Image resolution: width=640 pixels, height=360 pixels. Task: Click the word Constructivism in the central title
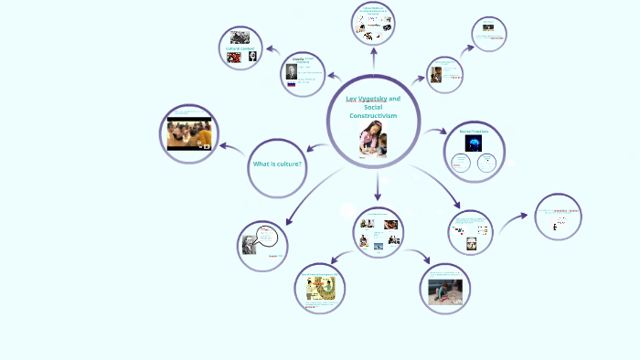coord(373,116)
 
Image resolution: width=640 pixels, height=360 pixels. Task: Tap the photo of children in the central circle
coord(372,140)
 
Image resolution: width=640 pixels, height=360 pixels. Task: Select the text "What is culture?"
coord(277,164)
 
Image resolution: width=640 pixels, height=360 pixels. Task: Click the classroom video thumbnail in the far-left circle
coord(190,132)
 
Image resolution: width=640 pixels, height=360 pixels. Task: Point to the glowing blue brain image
coord(474,143)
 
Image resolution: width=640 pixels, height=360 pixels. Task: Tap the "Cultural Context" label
coord(240,48)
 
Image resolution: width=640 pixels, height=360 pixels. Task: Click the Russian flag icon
coord(292,83)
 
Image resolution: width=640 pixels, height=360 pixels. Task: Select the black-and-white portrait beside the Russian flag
coord(292,69)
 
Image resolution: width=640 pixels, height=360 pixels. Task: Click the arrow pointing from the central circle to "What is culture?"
coord(317,147)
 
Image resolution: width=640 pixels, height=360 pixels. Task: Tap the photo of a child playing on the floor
coord(445,291)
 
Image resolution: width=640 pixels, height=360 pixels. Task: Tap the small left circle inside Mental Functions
coord(462,164)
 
